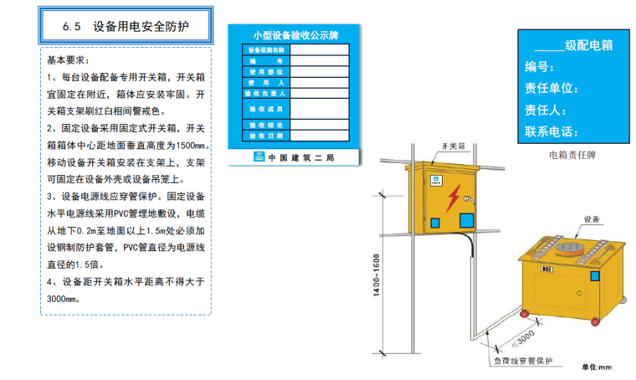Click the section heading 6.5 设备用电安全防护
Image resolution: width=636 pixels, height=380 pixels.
coord(126,26)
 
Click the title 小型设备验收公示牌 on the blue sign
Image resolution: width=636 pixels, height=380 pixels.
coord(293,36)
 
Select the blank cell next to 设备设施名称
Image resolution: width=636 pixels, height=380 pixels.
coord(319,49)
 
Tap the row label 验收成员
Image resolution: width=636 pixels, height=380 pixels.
coord(265,110)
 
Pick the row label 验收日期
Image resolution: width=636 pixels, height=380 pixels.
coord(265,135)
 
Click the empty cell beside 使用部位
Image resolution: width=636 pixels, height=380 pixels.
coord(319,71)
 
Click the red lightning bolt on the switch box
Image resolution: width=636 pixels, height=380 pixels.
coord(453,198)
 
